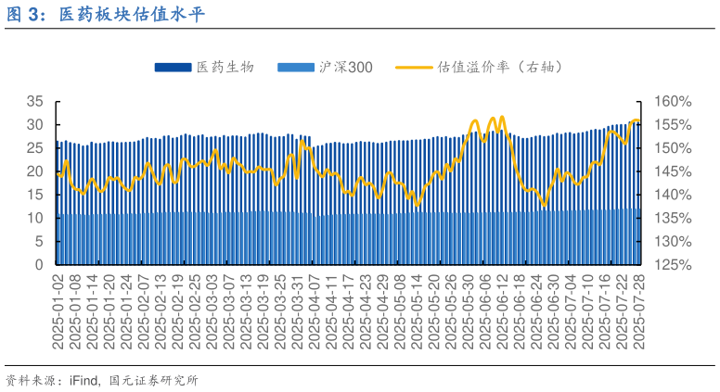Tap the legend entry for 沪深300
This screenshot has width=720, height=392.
pyautogui.click(x=345, y=68)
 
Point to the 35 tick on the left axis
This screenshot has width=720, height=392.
pyautogui.click(x=36, y=101)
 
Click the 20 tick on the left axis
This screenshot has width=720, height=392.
pyautogui.click(x=36, y=171)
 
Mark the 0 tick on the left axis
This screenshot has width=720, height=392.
pyautogui.click(x=40, y=265)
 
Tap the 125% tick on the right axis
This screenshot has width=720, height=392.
pyautogui.click(x=672, y=265)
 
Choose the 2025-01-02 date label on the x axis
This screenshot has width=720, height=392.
pyautogui.click(x=58, y=311)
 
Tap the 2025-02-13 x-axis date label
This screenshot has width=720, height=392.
pyautogui.click(x=161, y=311)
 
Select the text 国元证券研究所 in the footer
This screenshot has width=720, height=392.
pyautogui.click(x=153, y=380)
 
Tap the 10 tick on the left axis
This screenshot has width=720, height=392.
pyautogui.click(x=36, y=218)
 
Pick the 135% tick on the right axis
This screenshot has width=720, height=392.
pyautogui.click(x=672, y=218)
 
